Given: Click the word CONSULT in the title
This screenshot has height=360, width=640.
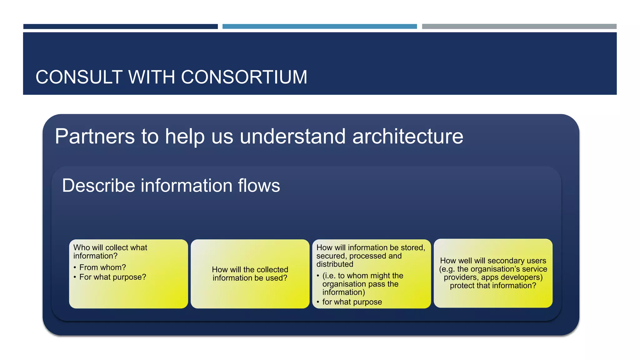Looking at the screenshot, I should (79, 77).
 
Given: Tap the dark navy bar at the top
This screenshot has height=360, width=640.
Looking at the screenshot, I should (120, 27).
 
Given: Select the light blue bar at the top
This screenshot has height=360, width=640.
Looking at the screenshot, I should (319, 27).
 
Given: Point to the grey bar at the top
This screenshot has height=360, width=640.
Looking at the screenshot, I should (519, 27).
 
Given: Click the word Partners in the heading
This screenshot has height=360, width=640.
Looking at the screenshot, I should (95, 137).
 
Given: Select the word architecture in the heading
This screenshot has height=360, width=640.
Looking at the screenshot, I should (407, 137).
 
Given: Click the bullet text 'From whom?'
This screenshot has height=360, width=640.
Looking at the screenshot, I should (102, 267).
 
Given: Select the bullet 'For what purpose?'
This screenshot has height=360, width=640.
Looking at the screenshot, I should (112, 277).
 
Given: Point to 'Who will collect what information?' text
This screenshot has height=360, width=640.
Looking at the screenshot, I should (110, 252).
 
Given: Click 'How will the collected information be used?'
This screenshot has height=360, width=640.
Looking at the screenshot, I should (250, 274).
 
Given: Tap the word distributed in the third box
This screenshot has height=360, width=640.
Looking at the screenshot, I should (335, 264).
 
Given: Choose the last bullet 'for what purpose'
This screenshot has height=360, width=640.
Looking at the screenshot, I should (352, 302).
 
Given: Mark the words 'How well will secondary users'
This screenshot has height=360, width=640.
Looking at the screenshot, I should (493, 261).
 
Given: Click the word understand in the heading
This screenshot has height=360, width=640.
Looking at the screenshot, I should (292, 137).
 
